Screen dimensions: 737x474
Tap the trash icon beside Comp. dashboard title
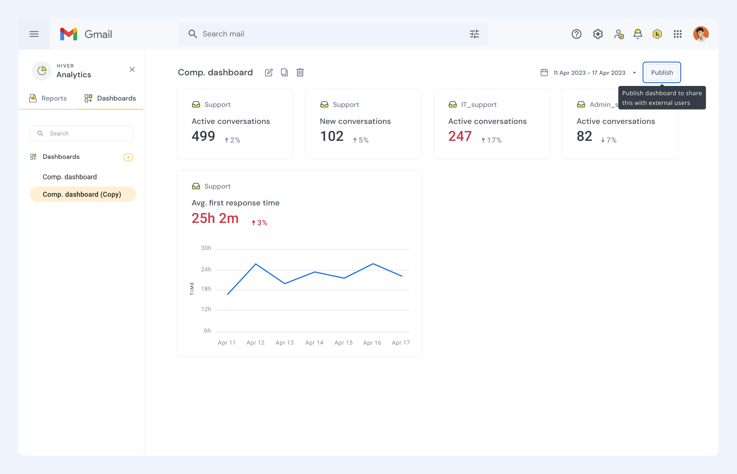pyautogui.click(x=300, y=72)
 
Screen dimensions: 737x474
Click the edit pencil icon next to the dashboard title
pyautogui.click(x=269, y=72)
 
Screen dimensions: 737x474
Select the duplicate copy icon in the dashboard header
pyautogui.click(x=284, y=72)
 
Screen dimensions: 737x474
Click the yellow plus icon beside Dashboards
pyautogui.click(x=128, y=157)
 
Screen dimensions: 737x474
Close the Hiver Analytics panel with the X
pyautogui.click(x=132, y=69)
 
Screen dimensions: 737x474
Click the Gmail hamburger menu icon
pyautogui.click(x=34, y=34)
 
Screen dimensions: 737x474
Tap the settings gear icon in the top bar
pyautogui.click(x=598, y=34)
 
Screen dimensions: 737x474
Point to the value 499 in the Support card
pyautogui.click(x=203, y=136)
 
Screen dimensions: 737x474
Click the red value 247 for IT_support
pyautogui.click(x=460, y=136)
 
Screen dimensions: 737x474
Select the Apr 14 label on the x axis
pyautogui.click(x=314, y=343)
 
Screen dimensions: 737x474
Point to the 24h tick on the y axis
pyautogui.click(x=206, y=269)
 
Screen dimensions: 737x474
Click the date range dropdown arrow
pyautogui.click(x=634, y=73)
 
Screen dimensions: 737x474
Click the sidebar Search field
pyautogui.click(x=81, y=134)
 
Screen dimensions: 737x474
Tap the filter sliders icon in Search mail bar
pyautogui.click(x=474, y=34)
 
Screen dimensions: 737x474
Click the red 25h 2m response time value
pyautogui.click(x=215, y=218)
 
